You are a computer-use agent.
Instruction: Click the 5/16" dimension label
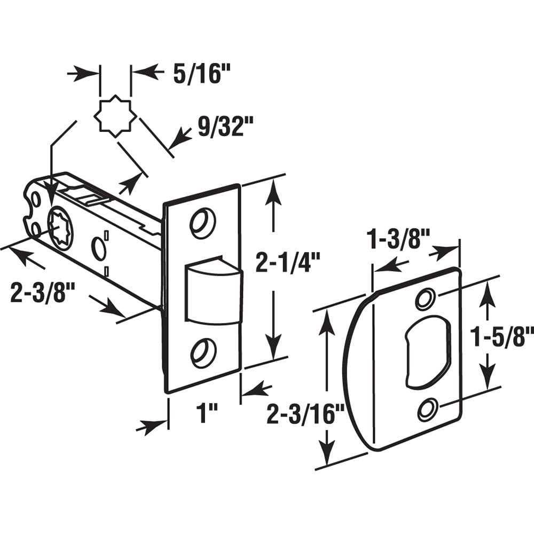click(x=195, y=74)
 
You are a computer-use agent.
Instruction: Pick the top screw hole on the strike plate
click(x=426, y=300)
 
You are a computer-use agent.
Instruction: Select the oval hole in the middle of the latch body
click(x=99, y=248)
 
